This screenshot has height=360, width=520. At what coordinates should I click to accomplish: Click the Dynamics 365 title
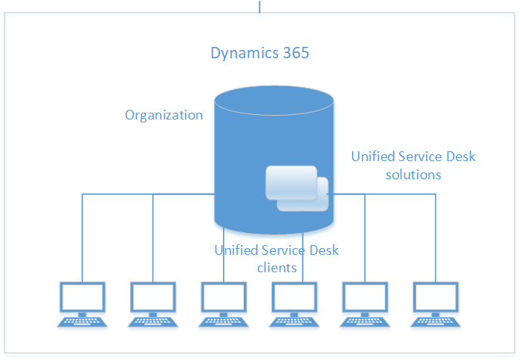(260, 54)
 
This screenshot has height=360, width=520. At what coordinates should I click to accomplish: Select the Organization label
(164, 115)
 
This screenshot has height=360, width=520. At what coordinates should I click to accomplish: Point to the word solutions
(413, 174)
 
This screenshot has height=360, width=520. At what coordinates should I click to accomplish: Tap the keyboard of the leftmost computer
(83, 321)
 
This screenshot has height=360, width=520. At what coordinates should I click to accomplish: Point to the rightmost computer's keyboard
(436, 321)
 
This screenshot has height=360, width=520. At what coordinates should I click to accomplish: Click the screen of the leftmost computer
(83, 298)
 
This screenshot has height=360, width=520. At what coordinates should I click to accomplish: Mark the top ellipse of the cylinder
(274, 98)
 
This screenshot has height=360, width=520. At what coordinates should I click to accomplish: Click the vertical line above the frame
(260, 6)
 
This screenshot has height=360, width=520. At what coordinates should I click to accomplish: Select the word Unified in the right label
(373, 157)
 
